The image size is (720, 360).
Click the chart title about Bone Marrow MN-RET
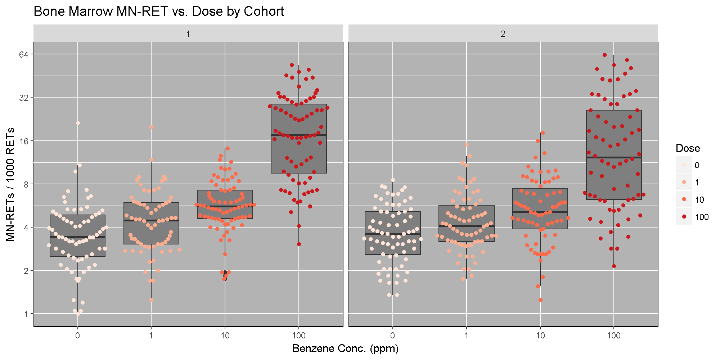(159, 12)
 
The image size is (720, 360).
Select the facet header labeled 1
(188, 34)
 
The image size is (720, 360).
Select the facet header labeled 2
(503, 34)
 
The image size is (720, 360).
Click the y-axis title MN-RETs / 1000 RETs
(10, 184)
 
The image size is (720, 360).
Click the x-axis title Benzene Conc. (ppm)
(345, 348)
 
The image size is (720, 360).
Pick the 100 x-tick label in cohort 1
(298, 336)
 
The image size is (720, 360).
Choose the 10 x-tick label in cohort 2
(540, 336)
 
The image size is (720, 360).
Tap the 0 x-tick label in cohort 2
(392, 336)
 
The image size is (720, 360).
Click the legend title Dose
(688, 148)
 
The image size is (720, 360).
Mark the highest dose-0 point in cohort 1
(78, 123)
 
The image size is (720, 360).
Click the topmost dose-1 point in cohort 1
(152, 127)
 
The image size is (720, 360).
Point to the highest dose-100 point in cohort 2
(605, 55)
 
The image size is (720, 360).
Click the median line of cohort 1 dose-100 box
(299, 135)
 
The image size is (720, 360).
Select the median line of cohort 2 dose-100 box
(614, 158)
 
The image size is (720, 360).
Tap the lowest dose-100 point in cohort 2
(614, 266)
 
